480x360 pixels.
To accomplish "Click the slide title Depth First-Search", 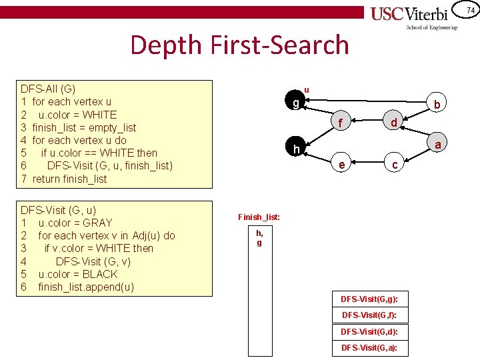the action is pyautogui.click(x=239, y=45).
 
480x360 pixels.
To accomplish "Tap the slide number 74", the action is pyautogui.click(x=470, y=10).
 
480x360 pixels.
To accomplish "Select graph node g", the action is pyautogui.click(x=296, y=103).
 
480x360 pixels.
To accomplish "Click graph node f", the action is pyautogui.click(x=341, y=123).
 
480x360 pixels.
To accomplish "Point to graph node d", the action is pyautogui.click(x=394, y=123).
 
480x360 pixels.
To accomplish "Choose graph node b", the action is pyautogui.click(x=437, y=105).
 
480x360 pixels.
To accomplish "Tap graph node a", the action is pyautogui.click(x=438, y=144).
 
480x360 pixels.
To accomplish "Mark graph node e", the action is pyautogui.click(x=341, y=165).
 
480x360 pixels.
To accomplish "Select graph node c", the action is pyautogui.click(x=395, y=165).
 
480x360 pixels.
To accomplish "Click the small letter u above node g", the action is pyautogui.click(x=307, y=89).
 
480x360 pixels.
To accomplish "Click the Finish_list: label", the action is pyautogui.click(x=259, y=217).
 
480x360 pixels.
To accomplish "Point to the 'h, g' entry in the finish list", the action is pyautogui.click(x=259, y=238).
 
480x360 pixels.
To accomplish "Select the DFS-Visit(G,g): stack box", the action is pyautogui.click(x=369, y=298).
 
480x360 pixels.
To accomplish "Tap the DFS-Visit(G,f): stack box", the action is pyautogui.click(x=369, y=315).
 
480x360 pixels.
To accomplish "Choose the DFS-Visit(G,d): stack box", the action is pyautogui.click(x=369, y=331).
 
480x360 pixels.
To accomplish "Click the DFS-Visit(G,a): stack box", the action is pyautogui.click(x=369, y=348).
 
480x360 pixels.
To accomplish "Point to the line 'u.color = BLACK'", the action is pyautogui.click(x=77, y=274).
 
